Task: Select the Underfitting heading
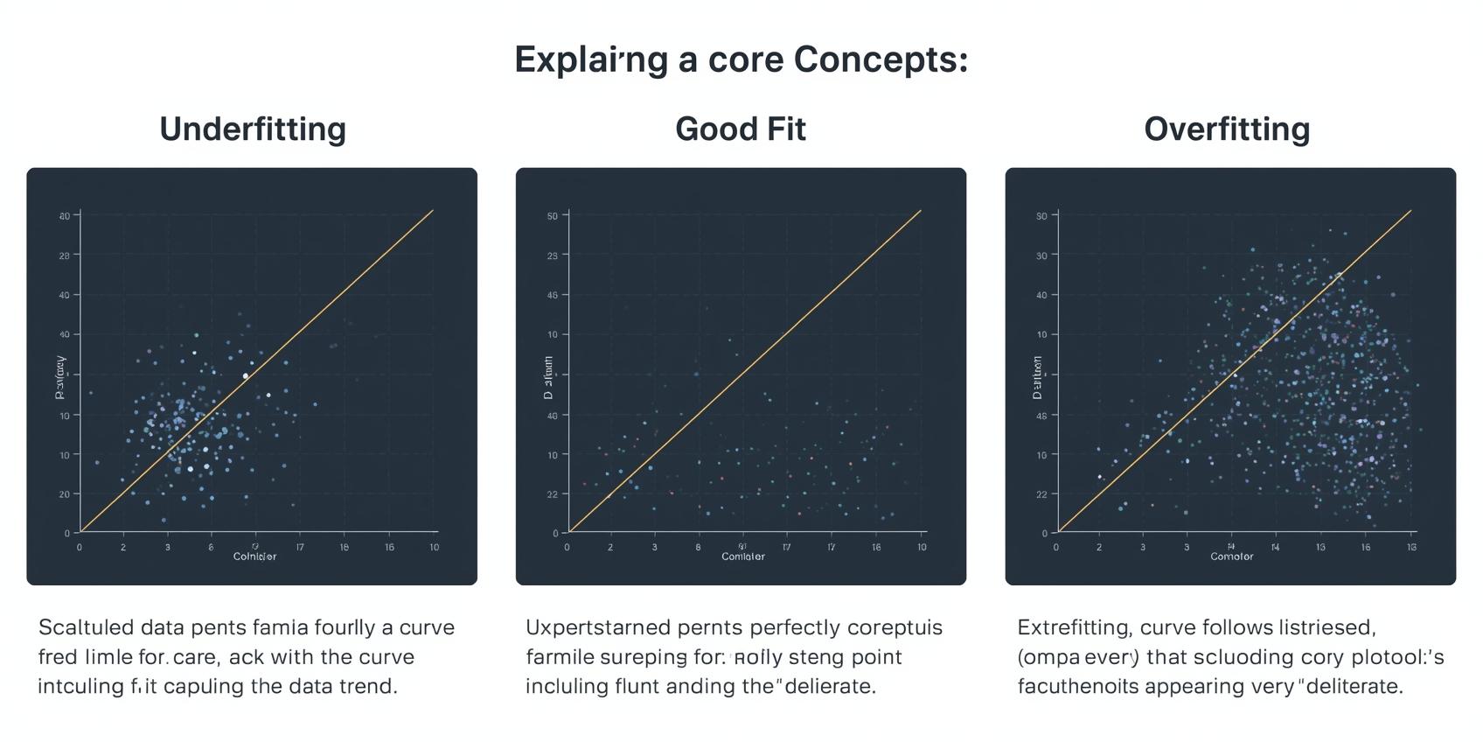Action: [253, 129]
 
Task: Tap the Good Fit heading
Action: [740, 129]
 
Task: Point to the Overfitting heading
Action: [1227, 129]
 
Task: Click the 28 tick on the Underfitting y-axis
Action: [65, 255]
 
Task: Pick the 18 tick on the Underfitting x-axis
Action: [345, 547]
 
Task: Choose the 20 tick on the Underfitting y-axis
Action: [65, 494]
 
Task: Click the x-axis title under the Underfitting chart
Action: [254, 556]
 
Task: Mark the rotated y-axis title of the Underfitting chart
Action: [60, 377]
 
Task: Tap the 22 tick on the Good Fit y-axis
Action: [552, 494]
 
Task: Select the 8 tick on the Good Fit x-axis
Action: [698, 547]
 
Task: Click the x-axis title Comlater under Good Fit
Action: [742, 556]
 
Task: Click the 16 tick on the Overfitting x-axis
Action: [1366, 547]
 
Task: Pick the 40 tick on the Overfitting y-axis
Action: [1041, 295]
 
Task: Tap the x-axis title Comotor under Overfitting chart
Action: [1231, 556]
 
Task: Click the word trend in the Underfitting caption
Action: [371, 686]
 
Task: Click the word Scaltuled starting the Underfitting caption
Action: [86, 627]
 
